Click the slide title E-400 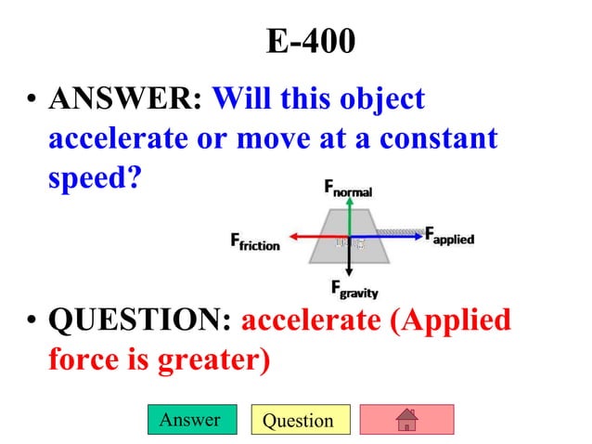(310, 42)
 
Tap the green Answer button (190, 420)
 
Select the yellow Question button (298, 420)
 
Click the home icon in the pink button (405, 420)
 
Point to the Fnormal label (348, 189)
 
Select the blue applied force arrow (390, 237)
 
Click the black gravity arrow (348, 260)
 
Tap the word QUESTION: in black (139, 320)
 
